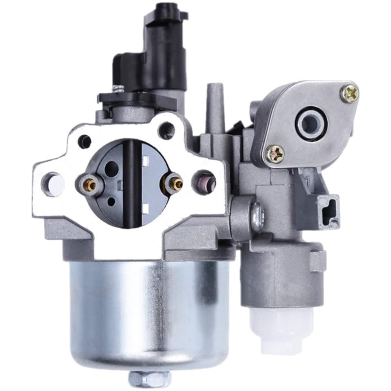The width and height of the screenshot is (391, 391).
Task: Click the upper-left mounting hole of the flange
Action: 84,138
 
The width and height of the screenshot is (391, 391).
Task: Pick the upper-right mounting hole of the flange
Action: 169,126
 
